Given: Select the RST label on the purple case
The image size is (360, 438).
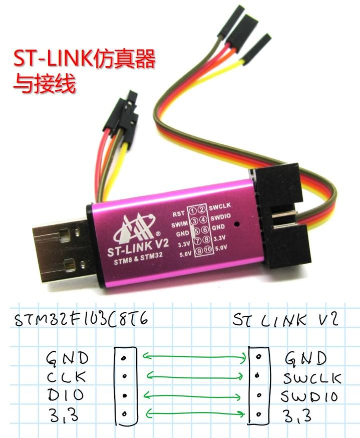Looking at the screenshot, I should pos(179,213).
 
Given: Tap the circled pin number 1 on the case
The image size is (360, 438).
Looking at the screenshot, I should pos(193,210).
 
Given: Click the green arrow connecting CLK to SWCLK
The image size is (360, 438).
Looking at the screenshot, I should pos(196,376).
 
